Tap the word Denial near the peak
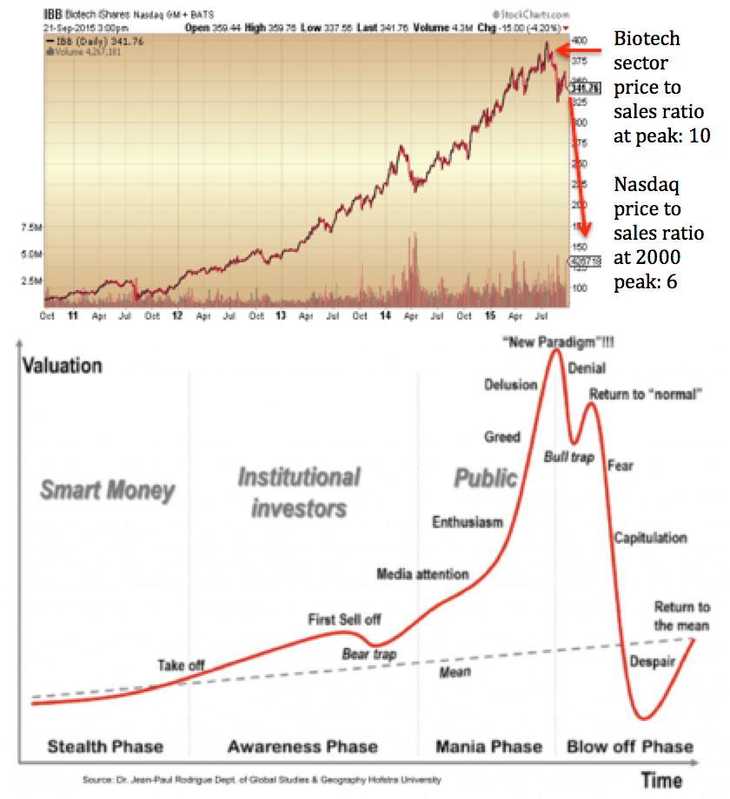587,368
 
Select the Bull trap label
568,456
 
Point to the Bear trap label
368,653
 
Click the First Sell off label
344,619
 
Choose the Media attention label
422,574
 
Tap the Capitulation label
650,538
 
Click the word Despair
653,662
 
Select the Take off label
181,665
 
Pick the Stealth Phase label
105,746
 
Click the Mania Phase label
488,746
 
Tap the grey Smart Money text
107,491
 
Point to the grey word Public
486,478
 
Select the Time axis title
662,779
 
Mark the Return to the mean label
681,616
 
